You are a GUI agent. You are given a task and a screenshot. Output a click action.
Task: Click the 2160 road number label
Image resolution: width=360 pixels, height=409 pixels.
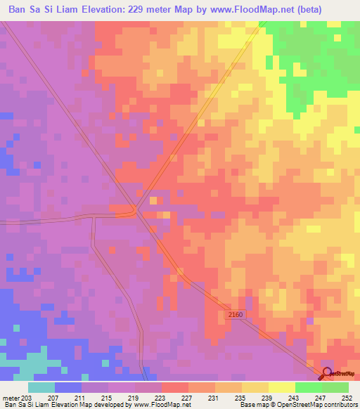coord(235,315)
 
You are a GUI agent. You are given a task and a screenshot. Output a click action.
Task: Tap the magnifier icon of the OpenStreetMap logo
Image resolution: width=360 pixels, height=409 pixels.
coord(326,373)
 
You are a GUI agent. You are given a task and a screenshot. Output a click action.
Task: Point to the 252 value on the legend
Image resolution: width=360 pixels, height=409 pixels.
coord(346,397)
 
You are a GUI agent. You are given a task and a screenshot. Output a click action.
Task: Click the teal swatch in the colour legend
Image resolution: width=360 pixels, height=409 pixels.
coord(41,387)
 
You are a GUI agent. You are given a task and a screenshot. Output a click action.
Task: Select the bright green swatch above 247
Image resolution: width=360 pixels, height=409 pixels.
coord(308,387)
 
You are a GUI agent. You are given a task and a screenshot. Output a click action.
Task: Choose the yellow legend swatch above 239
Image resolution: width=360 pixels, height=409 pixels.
coord(255,387)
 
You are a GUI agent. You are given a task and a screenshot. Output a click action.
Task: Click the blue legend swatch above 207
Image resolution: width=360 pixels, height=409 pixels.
coord(68,387)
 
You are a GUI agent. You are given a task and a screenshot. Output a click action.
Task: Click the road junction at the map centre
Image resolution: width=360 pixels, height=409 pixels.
coord(136,210)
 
